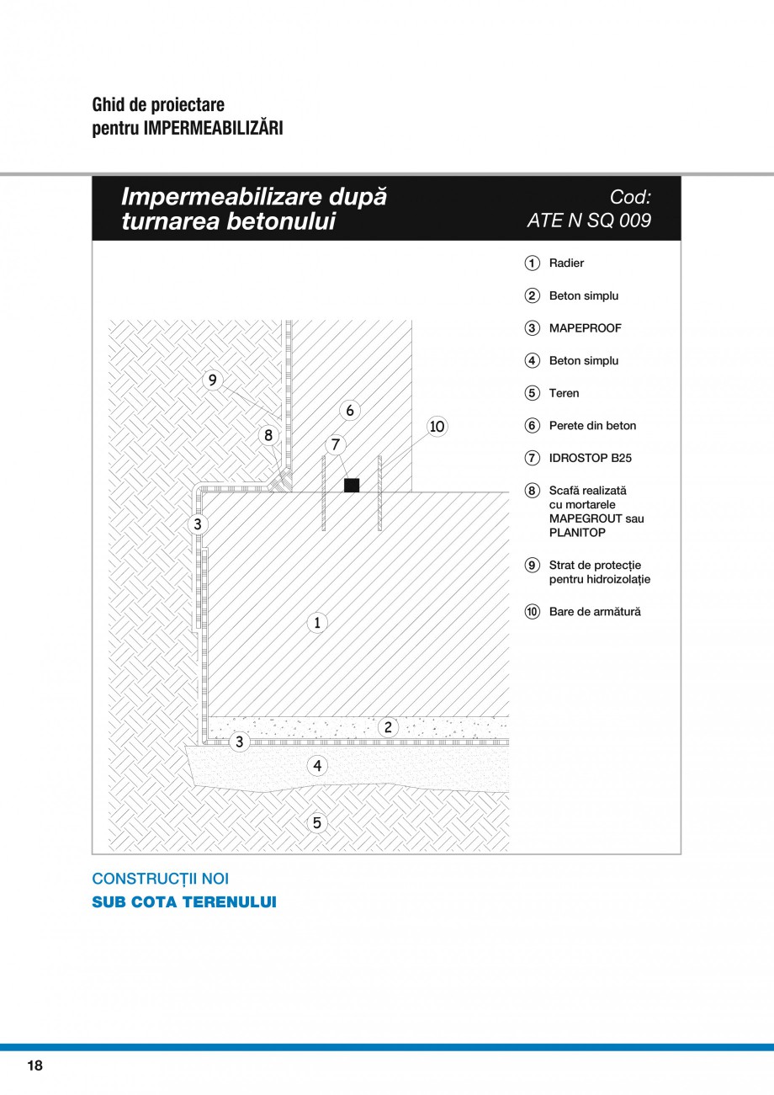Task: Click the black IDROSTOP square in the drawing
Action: pos(352,485)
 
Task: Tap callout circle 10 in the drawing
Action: pos(437,427)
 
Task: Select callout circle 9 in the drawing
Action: pos(213,380)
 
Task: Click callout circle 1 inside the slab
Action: pos(316,623)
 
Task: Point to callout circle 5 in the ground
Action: pos(316,822)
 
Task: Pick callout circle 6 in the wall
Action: pos(350,410)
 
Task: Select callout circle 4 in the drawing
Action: pos(316,766)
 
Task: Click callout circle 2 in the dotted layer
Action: pos(388,727)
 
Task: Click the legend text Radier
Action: pos(566,263)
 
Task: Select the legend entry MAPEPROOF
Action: pos(585,328)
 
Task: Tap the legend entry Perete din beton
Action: pos(592,426)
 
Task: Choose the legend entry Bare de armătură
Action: pos(594,612)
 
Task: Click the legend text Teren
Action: pos(564,393)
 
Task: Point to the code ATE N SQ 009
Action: pos(589,221)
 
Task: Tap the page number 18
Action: pos(34,1066)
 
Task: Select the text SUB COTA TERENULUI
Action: pos(184,902)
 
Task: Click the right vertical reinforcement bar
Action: pos(380,493)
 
